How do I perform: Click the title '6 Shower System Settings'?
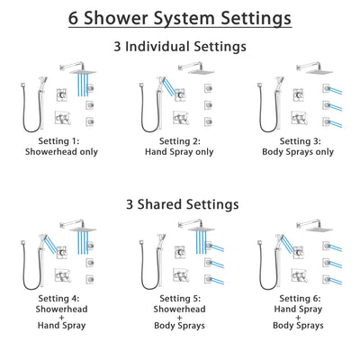(x=180, y=17)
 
